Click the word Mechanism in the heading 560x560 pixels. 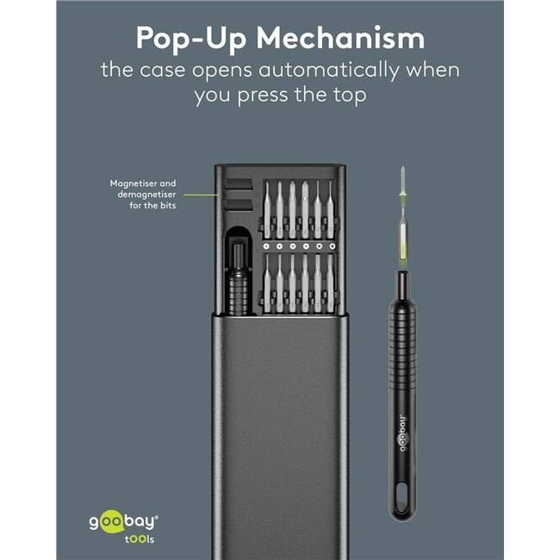tap(340, 37)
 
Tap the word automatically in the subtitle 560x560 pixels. tap(328, 70)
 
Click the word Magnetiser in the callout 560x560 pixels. tap(134, 184)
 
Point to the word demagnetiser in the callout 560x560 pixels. tap(146, 195)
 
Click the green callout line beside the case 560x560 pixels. tap(202, 195)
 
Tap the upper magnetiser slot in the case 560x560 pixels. tap(238, 185)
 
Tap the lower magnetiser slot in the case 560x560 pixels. tap(238, 205)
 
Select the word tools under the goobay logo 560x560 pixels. tap(140, 539)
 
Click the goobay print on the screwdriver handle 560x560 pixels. tap(402, 433)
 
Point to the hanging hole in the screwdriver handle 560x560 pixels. tap(402, 496)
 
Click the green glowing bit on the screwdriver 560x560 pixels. tap(403, 233)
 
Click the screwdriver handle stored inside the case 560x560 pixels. tap(238, 278)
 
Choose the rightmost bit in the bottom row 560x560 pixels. tap(330, 282)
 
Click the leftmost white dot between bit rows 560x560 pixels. tap(266, 246)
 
